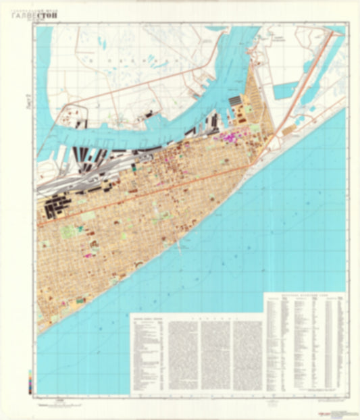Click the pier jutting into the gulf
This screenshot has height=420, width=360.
tap(180, 247)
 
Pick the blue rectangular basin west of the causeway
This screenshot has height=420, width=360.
tap(286, 88)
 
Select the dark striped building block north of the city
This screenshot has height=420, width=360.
tap(236, 101)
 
